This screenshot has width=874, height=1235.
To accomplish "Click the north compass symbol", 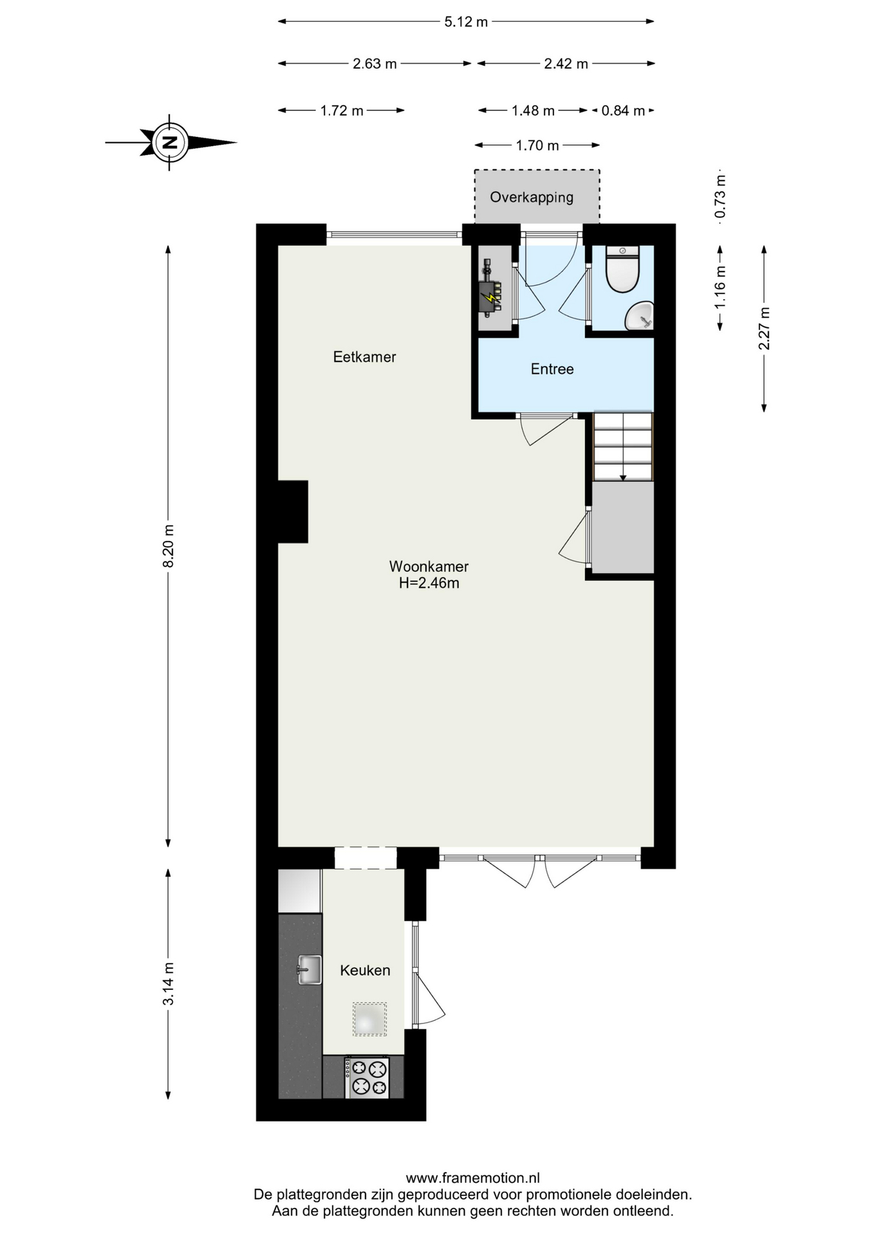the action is (x=170, y=142).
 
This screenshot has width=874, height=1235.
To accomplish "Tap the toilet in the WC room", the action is (x=622, y=269).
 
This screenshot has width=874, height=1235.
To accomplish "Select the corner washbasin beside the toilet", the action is (x=640, y=316).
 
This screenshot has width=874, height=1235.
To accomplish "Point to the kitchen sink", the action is (x=310, y=969).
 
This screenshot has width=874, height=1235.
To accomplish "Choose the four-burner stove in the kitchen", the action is (x=367, y=1078).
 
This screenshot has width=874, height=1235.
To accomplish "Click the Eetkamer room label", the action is (x=364, y=357).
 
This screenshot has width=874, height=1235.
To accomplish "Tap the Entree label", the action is (x=552, y=369).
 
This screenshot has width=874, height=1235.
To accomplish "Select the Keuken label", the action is (x=365, y=970).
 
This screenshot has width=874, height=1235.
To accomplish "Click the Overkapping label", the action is (x=532, y=197).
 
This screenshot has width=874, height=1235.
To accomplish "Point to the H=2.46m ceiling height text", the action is (x=429, y=583).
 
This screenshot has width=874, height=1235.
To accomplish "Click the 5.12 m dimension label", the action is (x=466, y=22).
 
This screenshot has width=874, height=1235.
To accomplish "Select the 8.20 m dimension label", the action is (x=169, y=546).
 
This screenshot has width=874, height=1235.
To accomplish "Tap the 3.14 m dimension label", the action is (x=169, y=984).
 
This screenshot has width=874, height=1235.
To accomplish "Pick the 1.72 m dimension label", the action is (x=342, y=111).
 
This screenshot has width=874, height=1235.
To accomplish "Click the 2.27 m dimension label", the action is (x=764, y=329).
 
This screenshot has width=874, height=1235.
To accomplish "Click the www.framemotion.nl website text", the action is (x=472, y=1178).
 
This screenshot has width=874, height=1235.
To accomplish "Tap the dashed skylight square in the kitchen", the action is (x=369, y=1019).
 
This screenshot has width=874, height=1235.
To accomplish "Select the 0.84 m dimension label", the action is (x=623, y=111).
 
